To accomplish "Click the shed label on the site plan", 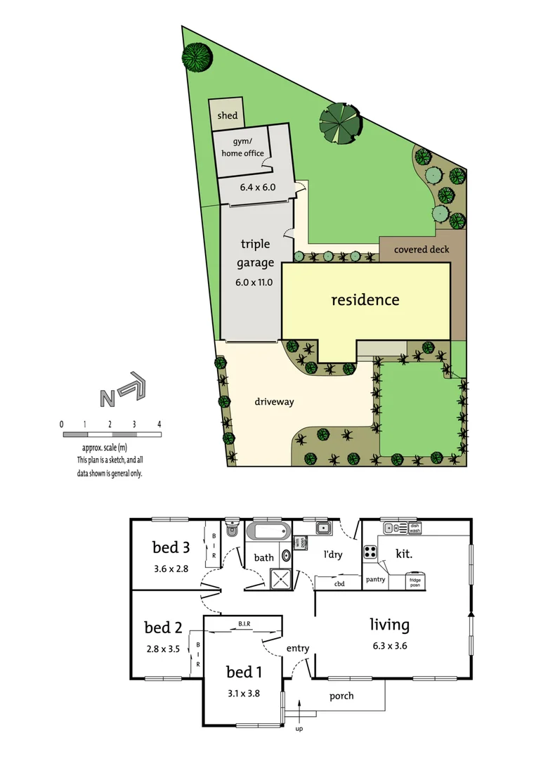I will (227, 115).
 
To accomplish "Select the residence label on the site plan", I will (365, 299).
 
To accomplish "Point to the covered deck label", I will (421, 249).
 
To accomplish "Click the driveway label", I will (274, 402).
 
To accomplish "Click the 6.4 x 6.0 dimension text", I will (258, 187).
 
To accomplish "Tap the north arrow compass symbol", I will (122, 391).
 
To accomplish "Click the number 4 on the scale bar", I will (159, 424).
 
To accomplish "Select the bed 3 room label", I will (171, 547).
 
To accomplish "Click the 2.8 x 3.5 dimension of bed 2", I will (164, 649).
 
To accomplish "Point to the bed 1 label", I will (244, 671).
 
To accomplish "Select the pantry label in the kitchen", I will (376, 580).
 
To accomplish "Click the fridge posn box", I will (416, 581).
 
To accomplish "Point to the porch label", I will (341, 696).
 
